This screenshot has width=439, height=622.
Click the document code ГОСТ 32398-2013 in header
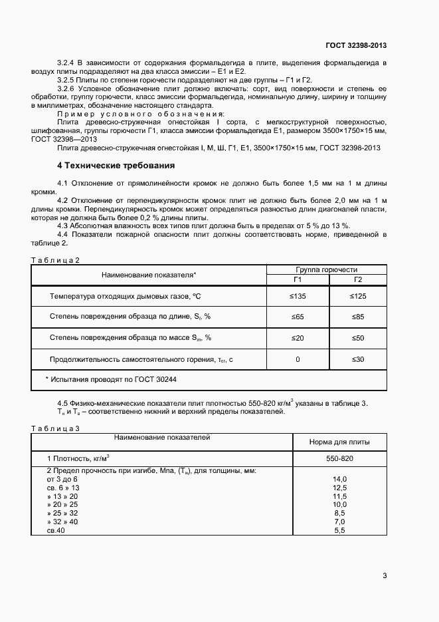(356, 45)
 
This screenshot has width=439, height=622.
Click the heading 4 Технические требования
(116, 165)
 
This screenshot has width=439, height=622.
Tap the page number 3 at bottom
(385, 575)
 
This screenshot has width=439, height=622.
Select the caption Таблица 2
(56, 260)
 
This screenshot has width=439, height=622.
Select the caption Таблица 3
(56, 428)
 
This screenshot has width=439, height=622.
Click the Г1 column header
(297, 279)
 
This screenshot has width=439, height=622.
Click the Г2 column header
(357, 279)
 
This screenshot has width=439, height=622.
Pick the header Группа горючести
(326, 269)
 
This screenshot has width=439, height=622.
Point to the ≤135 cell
(297, 295)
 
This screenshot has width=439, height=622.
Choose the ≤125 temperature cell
(357, 295)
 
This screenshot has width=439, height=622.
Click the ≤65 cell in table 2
(297, 317)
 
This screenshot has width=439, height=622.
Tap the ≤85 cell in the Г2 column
(357, 317)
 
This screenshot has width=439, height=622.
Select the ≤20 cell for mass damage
(297, 338)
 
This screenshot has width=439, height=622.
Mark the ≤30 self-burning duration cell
(357, 359)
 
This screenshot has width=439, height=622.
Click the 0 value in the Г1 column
(297, 359)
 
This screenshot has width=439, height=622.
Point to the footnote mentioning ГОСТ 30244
(111, 379)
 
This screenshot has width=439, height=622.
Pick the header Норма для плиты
(339, 442)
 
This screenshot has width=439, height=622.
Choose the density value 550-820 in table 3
(339, 459)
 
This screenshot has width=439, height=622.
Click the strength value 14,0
(339, 479)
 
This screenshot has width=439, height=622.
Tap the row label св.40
(56, 530)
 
